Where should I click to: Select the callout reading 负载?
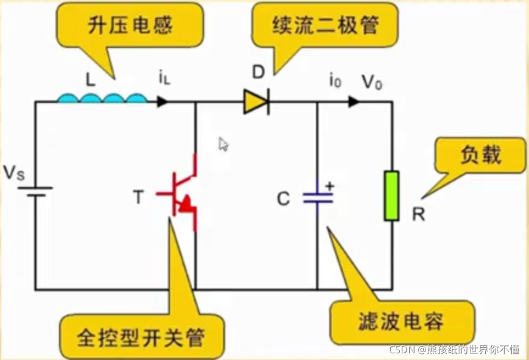coord(480,155)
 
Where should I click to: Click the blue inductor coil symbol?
coord(102,98)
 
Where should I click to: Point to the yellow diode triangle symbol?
coord(256,102)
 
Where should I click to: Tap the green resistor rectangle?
coord(391,196)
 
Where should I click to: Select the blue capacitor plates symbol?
coord(318,197)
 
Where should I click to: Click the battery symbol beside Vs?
coord(35,192)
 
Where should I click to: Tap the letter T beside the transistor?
coord(139,197)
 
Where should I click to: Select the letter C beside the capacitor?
coord(284,199)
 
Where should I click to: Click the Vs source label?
coord(14,174)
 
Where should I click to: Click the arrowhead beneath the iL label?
coord(162,102)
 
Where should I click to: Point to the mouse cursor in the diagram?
coord(223,144)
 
